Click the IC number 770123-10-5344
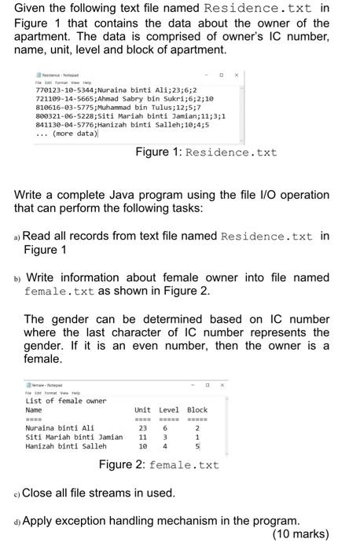[x=55, y=90]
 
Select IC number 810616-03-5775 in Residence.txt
[x=55, y=108]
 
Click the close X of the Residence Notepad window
[x=235, y=77]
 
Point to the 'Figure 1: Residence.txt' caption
[x=206, y=152]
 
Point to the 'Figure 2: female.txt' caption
[x=159, y=465]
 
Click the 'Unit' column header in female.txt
[x=142, y=409]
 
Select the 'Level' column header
[x=169, y=409]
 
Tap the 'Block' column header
[x=197, y=409]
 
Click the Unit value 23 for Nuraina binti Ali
[x=142, y=428]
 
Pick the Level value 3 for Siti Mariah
[x=165, y=437]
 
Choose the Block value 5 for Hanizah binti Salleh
[x=197, y=446]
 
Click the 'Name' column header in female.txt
[x=34, y=409]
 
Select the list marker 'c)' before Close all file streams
[x=17, y=493]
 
